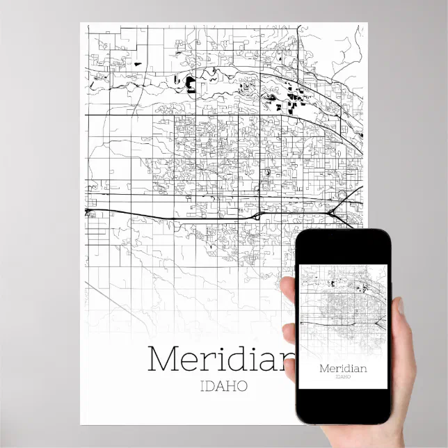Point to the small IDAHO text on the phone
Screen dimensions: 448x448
(x=342, y=378)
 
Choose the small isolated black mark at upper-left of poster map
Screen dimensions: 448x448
(x=137, y=65)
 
